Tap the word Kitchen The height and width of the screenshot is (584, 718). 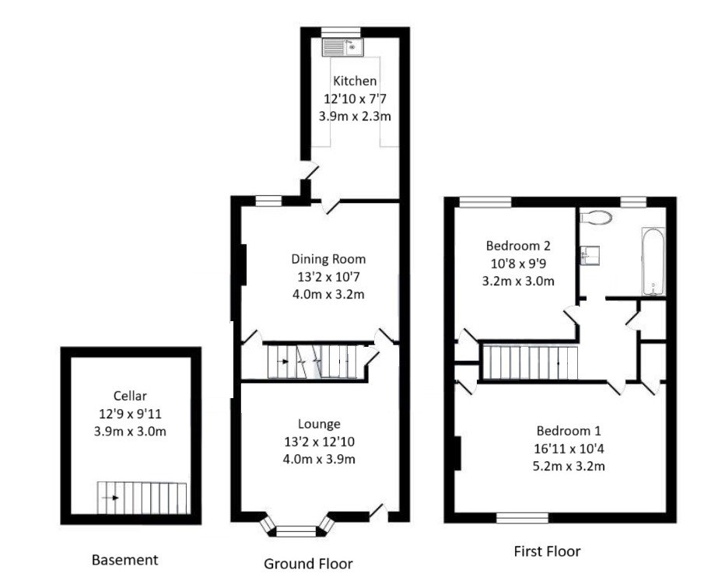(355, 81)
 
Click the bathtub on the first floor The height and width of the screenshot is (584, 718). (653, 261)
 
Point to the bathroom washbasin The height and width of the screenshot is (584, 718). (587, 254)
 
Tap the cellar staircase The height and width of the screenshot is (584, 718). (142, 497)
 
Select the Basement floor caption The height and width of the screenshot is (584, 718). (124, 560)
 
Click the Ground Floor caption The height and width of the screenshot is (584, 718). (308, 564)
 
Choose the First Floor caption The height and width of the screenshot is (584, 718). (547, 551)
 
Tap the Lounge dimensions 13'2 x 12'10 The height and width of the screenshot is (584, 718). (319, 441)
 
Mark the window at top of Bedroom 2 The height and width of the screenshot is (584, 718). (485, 201)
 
